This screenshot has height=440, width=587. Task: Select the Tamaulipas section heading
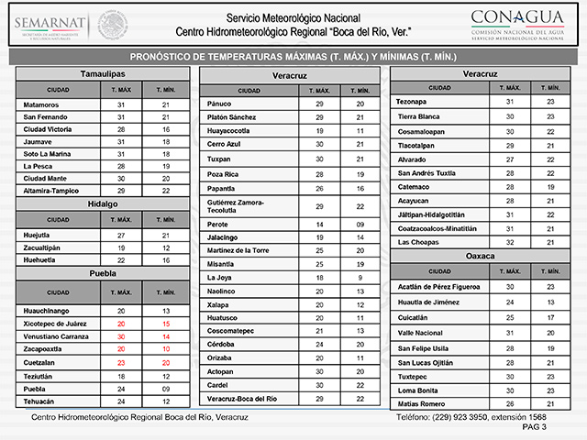tap(103, 72)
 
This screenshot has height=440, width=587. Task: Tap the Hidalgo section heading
tap(103, 203)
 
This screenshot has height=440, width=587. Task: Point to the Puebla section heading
tap(103, 273)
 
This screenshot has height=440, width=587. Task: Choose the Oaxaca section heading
tap(480, 256)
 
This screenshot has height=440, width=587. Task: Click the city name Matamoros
tap(44, 105)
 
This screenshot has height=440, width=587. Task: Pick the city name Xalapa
tap(219, 303)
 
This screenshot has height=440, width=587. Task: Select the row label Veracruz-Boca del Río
tap(242, 399)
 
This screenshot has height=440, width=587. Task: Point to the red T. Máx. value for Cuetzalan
tap(120, 362)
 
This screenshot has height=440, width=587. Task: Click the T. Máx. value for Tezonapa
tap(509, 102)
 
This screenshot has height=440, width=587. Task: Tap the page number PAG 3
tap(534, 427)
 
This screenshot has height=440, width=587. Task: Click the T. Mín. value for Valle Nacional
tap(550, 333)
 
